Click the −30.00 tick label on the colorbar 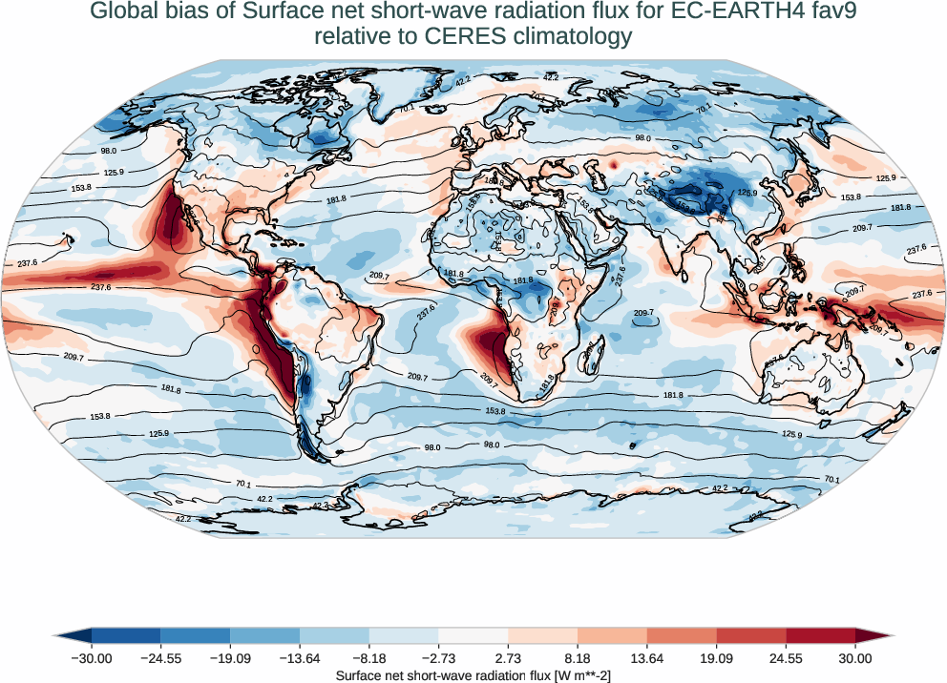pos(92,658)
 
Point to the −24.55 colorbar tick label pos(160,658)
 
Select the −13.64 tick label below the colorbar pos(300,658)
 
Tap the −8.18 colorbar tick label pos(369,658)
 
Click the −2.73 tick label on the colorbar pos(438,658)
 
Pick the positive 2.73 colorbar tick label pos(508,658)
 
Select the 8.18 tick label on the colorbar pos(578,658)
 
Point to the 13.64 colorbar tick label pos(647,658)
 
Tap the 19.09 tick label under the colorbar pos(716,658)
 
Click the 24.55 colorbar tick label pos(786,658)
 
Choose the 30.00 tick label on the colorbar pos(855,658)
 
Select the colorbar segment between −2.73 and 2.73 pos(473,636)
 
